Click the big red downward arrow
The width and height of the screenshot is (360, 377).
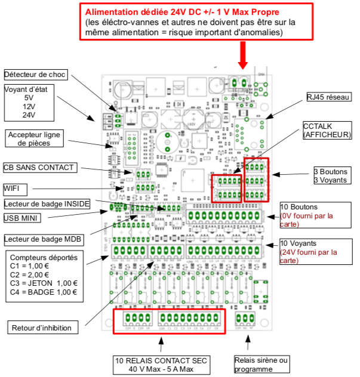pos(243,55)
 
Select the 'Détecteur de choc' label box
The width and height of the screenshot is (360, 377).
pos(35,75)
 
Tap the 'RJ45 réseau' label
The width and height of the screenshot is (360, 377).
pos(328,97)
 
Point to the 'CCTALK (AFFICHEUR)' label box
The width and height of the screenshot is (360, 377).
pos(327,131)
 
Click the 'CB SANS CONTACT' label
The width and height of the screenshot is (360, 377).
pos(39,168)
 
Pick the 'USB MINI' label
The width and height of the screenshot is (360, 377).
pos(23,218)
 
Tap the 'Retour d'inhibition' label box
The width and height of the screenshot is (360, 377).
pos(45,327)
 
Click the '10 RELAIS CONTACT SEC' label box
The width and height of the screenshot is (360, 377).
pos(162,365)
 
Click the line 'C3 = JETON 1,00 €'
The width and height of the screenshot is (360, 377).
pos(44,283)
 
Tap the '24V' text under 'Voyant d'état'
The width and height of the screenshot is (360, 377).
pos(29,115)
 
